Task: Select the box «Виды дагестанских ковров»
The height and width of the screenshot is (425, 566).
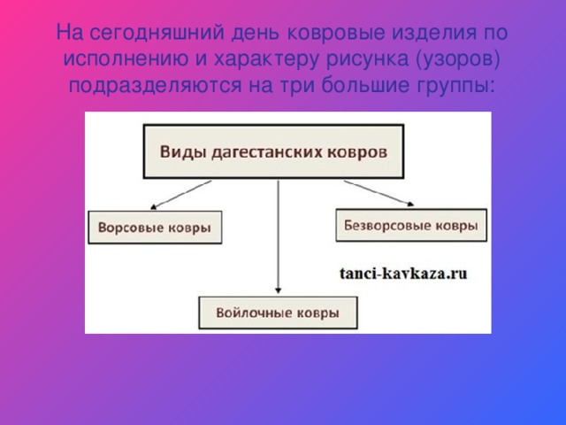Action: [x=273, y=151]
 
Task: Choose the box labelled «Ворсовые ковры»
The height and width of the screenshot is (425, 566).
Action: [x=155, y=228]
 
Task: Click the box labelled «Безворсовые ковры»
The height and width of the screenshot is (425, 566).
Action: [x=409, y=225]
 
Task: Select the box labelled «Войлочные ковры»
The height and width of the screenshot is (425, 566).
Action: [x=279, y=313]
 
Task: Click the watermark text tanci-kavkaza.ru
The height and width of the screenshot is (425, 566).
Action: [x=403, y=274]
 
